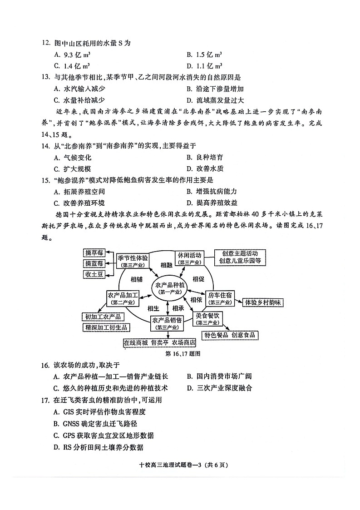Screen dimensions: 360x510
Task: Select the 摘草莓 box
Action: point(94,253)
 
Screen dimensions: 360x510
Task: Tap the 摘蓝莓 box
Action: point(94,263)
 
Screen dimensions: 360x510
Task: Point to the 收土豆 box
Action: point(94,274)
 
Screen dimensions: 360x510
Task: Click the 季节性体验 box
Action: point(133,258)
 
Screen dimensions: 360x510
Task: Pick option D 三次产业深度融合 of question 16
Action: point(220,388)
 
